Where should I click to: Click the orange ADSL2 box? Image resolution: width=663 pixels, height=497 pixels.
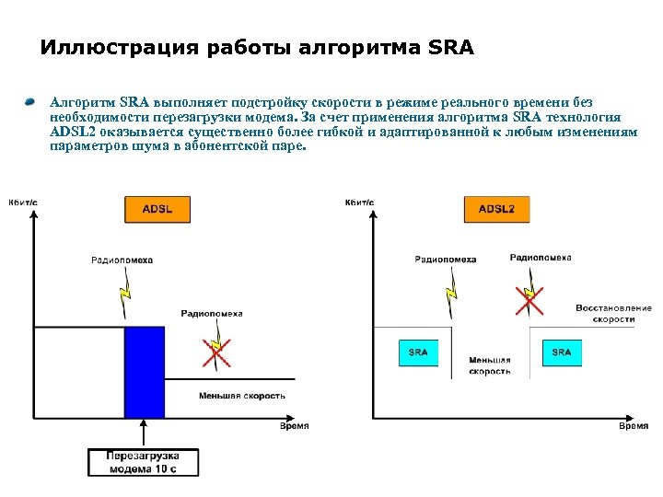click(x=496, y=209)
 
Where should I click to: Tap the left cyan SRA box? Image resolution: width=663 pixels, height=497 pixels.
click(x=418, y=353)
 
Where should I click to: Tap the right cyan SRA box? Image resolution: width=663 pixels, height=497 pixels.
click(x=562, y=353)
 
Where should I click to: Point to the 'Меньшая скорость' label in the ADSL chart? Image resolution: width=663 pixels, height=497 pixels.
click(x=242, y=396)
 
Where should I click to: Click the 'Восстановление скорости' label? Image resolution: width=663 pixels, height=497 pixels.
click(x=613, y=313)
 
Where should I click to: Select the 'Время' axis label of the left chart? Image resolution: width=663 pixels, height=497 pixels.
click(x=294, y=426)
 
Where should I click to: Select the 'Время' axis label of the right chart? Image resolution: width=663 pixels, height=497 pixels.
click(x=633, y=426)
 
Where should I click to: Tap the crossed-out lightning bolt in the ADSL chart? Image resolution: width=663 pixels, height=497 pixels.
click(x=216, y=353)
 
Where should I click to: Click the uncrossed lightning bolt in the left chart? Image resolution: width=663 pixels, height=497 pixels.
click(x=127, y=293)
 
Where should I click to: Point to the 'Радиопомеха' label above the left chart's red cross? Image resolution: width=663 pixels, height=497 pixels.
click(x=212, y=313)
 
